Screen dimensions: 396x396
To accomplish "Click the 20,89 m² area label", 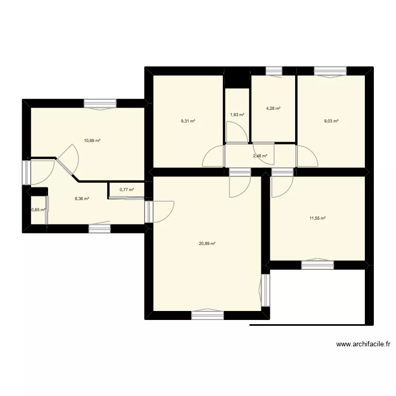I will click(207, 243).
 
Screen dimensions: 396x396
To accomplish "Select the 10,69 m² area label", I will click(92, 140).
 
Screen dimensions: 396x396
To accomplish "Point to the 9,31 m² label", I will click(188, 121).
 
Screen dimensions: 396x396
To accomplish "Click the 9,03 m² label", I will click(331, 121).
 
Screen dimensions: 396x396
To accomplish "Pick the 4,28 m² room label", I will click(273, 109).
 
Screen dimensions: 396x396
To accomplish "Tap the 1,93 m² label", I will click(237, 115).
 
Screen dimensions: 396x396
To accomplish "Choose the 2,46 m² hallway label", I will click(260, 156).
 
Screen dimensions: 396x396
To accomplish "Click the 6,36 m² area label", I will click(82, 199).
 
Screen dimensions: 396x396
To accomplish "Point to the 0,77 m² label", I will click(127, 190).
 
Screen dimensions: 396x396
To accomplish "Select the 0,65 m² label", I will click(38, 210).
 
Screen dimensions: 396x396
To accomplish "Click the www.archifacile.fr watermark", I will click(364, 344).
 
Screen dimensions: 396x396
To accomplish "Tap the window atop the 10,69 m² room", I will click(99, 104).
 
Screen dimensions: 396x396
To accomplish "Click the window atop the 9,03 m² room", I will click(331, 71).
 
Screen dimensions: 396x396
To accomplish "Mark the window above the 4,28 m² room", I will click(274, 71).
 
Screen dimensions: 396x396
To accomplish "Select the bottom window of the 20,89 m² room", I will click(208, 315).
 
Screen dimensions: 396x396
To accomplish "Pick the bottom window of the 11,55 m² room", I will click(317, 265).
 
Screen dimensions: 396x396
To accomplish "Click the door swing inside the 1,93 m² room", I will click(235, 132).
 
